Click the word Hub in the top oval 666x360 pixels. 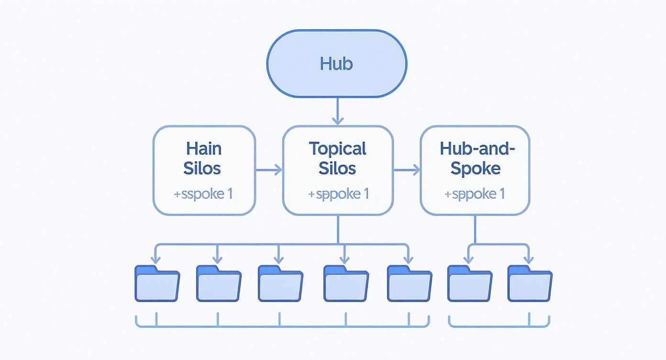(x=336, y=64)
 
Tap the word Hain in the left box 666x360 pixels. (x=204, y=148)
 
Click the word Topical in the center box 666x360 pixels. (x=337, y=148)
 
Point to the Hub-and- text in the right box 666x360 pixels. (x=477, y=148)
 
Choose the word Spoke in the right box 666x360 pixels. (x=476, y=169)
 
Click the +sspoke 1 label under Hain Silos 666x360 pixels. (x=203, y=194)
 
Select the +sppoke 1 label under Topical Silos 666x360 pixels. (x=338, y=194)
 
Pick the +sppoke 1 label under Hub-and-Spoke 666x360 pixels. (x=474, y=194)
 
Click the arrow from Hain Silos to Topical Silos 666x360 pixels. (x=269, y=169)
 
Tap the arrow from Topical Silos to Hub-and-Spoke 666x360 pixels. (x=406, y=169)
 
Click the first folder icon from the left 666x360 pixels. (x=157, y=283)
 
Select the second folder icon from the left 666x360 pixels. (x=219, y=283)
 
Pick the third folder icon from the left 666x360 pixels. (x=280, y=283)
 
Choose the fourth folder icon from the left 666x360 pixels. (x=346, y=283)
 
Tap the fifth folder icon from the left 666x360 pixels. (x=410, y=283)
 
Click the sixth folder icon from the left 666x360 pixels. (x=470, y=283)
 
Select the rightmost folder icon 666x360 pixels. (x=530, y=283)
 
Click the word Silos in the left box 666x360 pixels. (x=202, y=169)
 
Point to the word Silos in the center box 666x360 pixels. (x=337, y=169)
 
